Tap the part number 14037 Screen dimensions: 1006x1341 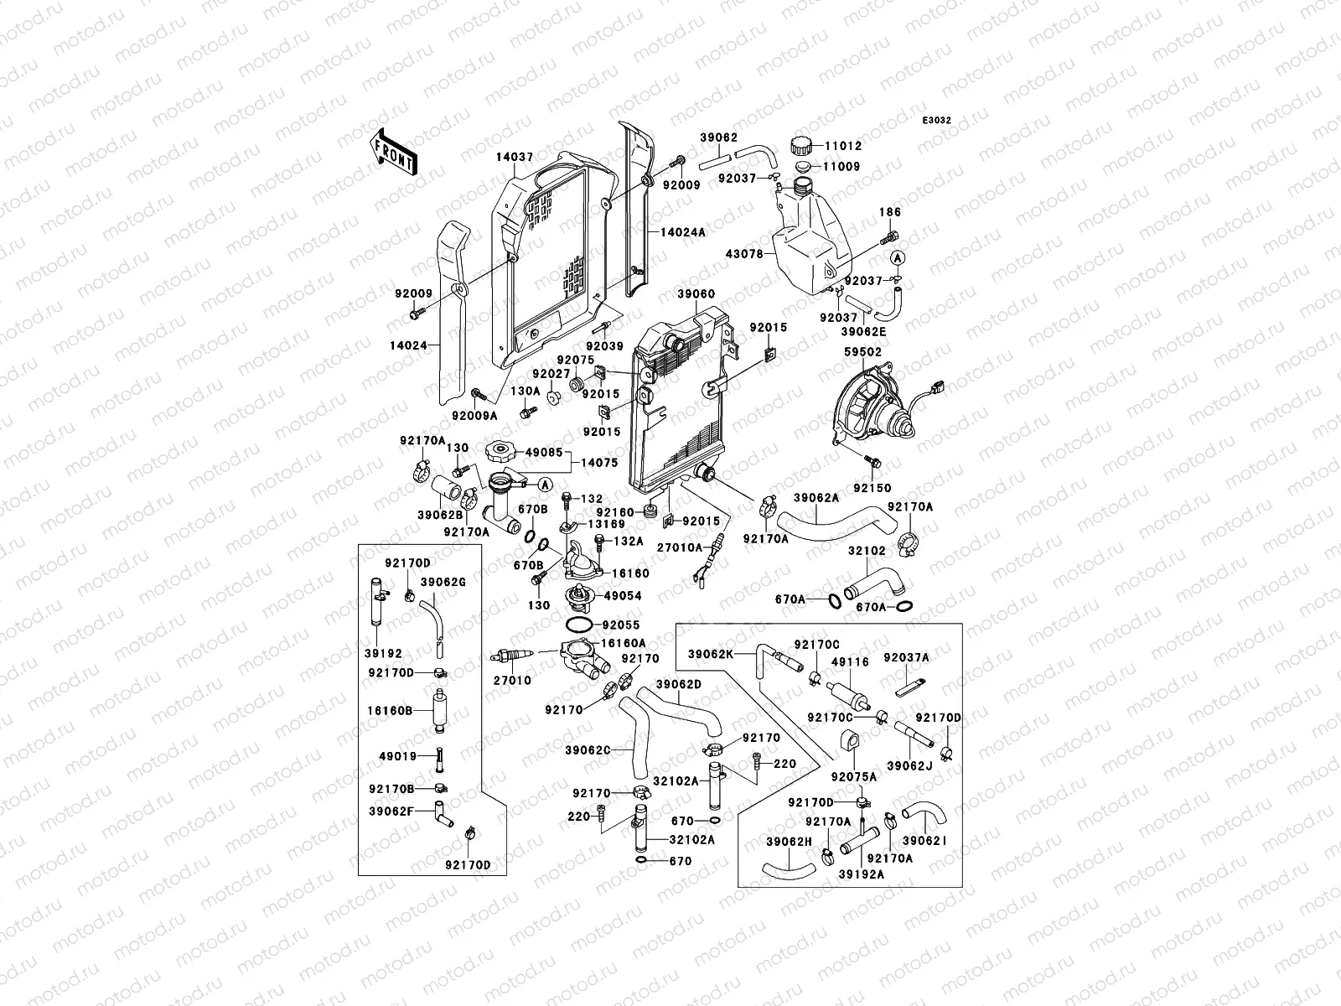pos(515,157)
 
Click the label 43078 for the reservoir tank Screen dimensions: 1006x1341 pos(745,254)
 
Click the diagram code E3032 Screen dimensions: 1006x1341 pos(936,121)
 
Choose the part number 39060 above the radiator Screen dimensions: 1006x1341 pos(696,294)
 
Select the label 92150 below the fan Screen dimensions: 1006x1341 pos(872,488)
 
